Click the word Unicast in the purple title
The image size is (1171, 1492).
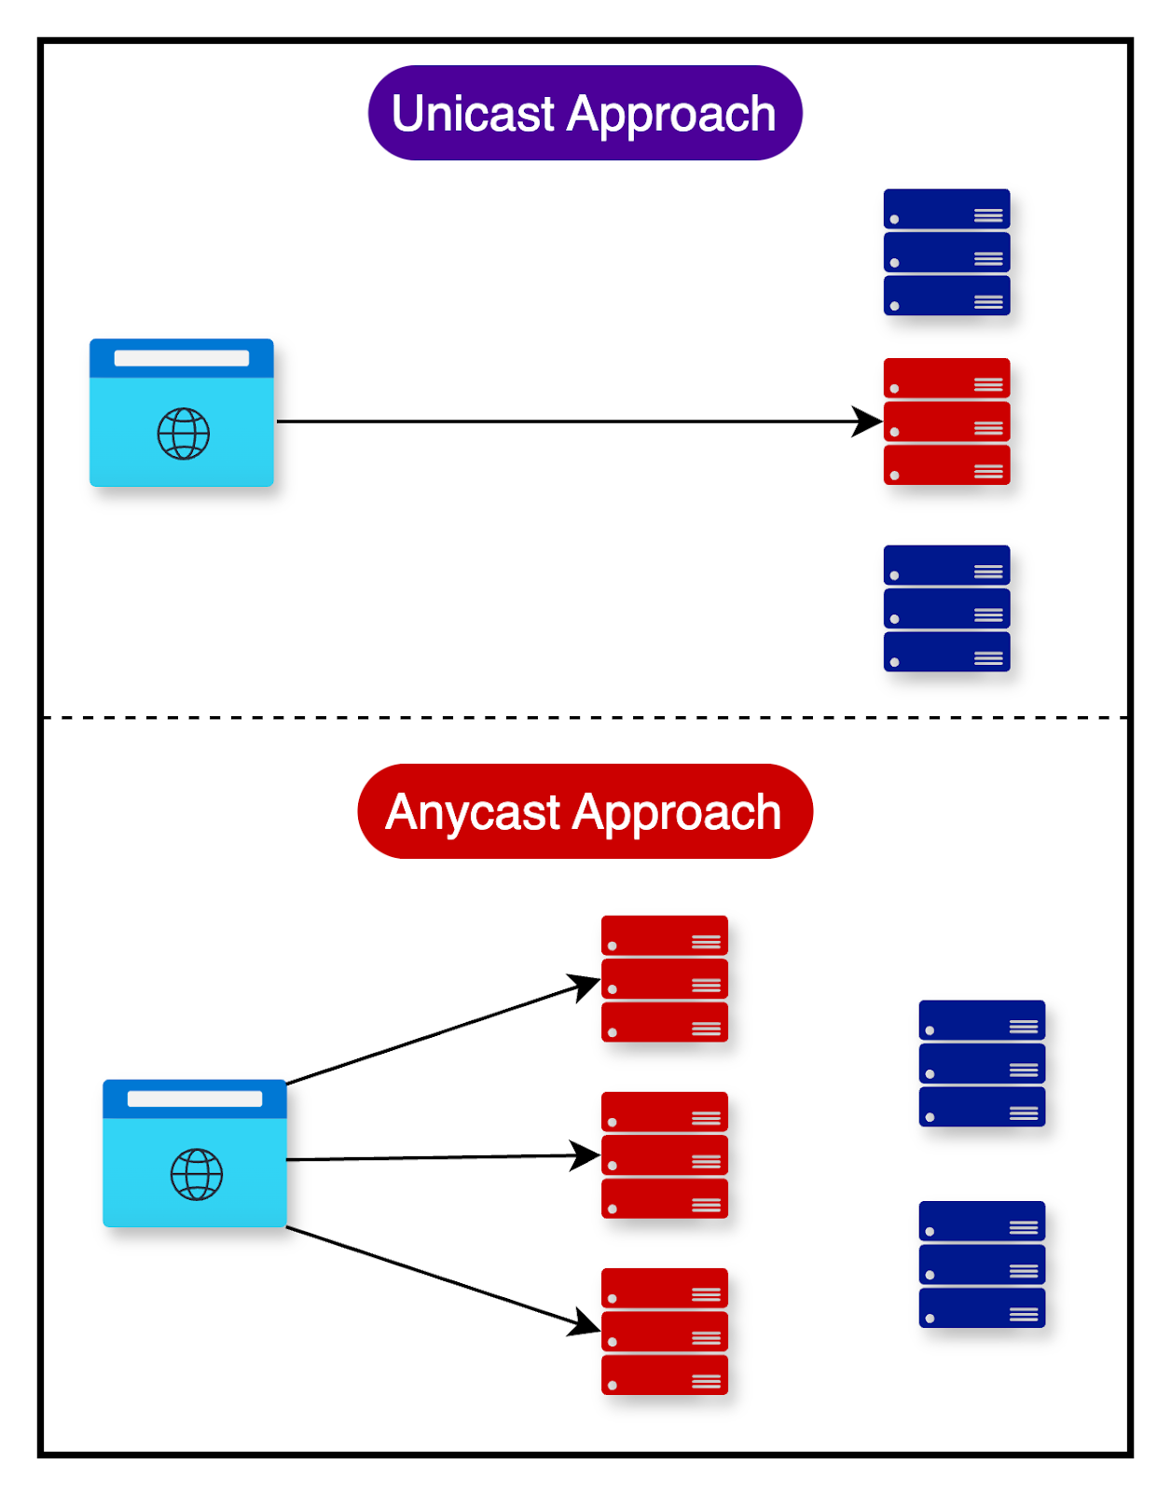coord(473,114)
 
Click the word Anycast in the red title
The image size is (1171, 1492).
coord(472,812)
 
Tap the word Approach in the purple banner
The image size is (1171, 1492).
coord(671,114)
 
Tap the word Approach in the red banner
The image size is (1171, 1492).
coord(677,812)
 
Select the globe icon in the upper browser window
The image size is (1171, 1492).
coord(183,434)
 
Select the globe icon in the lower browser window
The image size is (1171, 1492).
coord(196,1174)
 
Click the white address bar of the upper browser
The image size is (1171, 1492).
coord(181,358)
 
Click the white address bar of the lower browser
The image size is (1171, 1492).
coord(194,1098)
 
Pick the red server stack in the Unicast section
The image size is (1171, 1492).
coord(946,421)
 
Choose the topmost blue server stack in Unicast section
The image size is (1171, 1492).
coord(946,252)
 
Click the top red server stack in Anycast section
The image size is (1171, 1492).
coord(664,978)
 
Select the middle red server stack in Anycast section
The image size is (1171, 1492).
coord(664,1154)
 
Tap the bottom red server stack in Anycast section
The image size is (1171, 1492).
coord(664,1331)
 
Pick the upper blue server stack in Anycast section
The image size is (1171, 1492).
coord(982,1063)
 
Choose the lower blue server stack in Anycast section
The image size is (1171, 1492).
coord(982,1264)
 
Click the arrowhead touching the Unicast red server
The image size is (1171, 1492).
coord(867,421)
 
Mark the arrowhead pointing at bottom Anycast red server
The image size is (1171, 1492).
coord(585,1323)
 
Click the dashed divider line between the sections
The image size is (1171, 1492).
coord(585,718)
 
